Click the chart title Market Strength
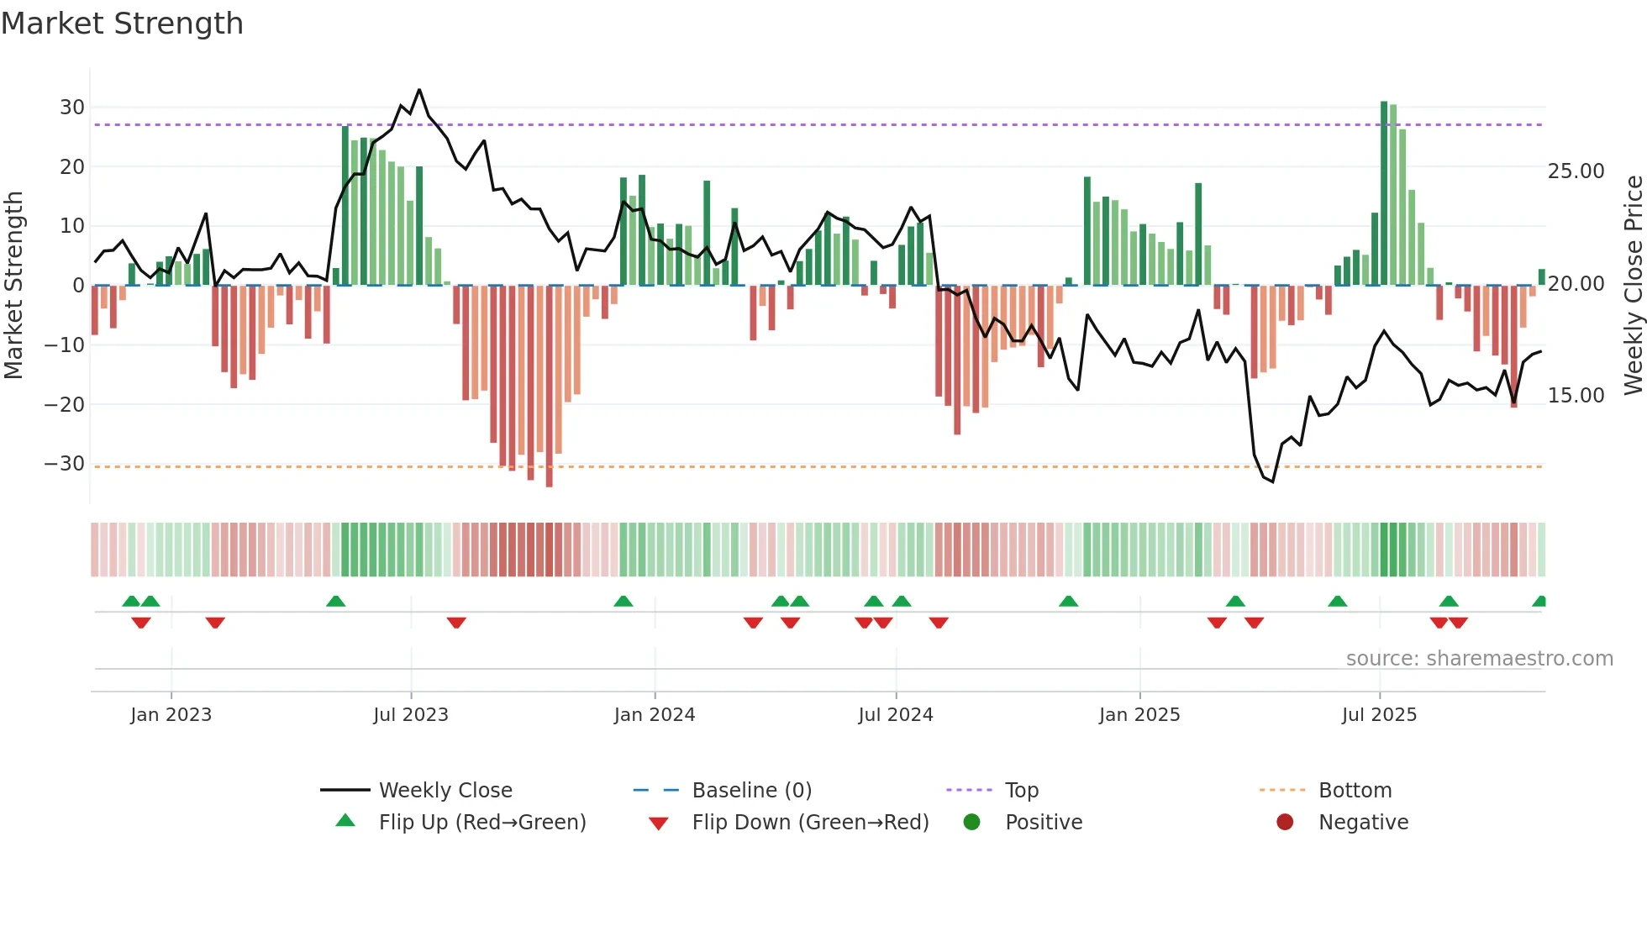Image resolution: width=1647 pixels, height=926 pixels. [x=122, y=24]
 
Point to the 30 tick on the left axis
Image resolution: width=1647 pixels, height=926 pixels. [x=72, y=108]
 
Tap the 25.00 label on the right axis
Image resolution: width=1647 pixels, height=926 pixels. [x=1576, y=171]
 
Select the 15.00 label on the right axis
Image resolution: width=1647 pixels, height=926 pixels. [x=1576, y=396]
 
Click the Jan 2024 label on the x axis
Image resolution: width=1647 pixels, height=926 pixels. [x=655, y=715]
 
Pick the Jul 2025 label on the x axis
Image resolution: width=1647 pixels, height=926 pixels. [x=1379, y=715]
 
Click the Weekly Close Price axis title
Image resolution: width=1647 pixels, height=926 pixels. [x=1633, y=286]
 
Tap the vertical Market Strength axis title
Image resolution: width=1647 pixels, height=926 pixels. [x=13, y=286]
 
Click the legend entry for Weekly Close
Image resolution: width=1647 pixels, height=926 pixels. [x=445, y=791]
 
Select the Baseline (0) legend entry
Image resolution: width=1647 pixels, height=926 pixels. [x=751, y=791]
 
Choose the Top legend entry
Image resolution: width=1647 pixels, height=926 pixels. [x=1021, y=791]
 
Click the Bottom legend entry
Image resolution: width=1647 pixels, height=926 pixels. [x=1355, y=791]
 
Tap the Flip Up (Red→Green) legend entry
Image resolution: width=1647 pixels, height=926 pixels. [x=481, y=823]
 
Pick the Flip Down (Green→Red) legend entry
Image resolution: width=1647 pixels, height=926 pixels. [x=810, y=823]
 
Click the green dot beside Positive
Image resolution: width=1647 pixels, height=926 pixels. [x=971, y=823]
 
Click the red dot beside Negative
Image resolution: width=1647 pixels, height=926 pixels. [x=1285, y=823]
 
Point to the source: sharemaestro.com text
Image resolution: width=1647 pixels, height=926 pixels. [x=1479, y=659]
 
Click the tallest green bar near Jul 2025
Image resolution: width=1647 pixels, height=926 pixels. [x=1384, y=193]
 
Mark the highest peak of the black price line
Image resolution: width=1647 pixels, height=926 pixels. [x=419, y=90]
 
